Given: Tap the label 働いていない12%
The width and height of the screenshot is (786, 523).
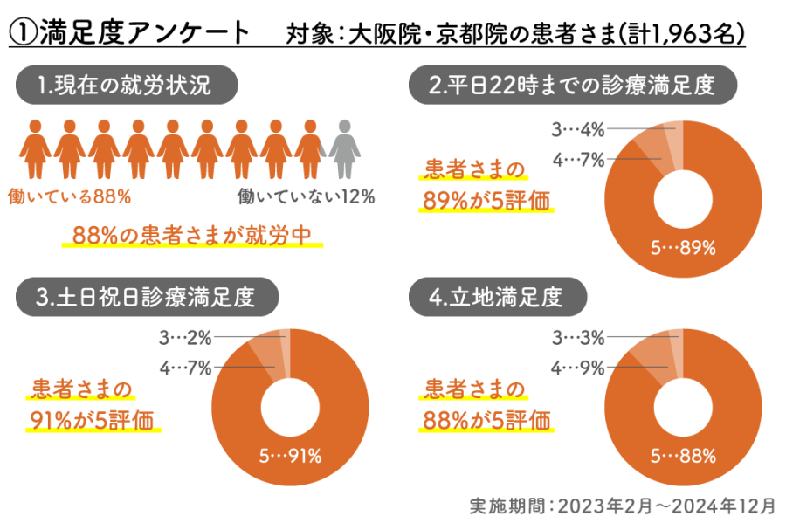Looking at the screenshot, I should (x=306, y=197).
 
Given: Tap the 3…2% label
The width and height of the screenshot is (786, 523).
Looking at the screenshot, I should (x=185, y=336).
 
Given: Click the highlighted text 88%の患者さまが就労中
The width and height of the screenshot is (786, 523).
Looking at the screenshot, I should (x=192, y=236).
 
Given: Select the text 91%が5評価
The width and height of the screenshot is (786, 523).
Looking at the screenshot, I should (x=92, y=420).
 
